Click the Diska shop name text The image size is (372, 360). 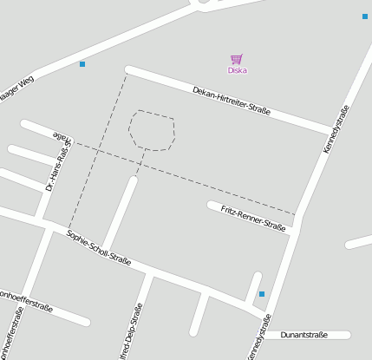(x=237, y=70)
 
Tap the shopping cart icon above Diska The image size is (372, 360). (x=236, y=59)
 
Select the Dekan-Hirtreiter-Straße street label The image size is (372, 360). (x=232, y=101)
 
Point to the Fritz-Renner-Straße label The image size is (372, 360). (x=253, y=218)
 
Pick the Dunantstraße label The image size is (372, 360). (x=303, y=335)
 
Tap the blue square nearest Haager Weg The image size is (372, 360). (x=82, y=64)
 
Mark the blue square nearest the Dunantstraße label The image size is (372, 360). (x=262, y=294)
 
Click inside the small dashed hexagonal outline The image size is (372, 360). (x=153, y=130)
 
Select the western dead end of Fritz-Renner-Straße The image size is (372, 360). (x=211, y=205)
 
